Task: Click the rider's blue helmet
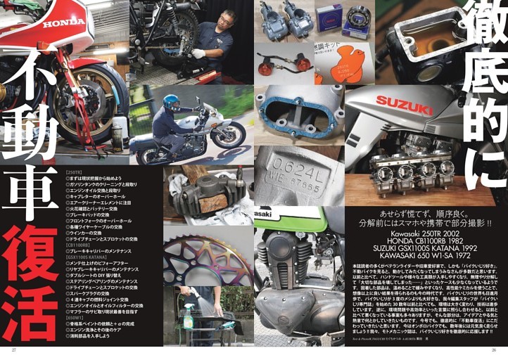[171, 102]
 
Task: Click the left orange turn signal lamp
[266, 69]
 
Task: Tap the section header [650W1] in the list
[75, 328]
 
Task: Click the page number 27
[13, 349]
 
